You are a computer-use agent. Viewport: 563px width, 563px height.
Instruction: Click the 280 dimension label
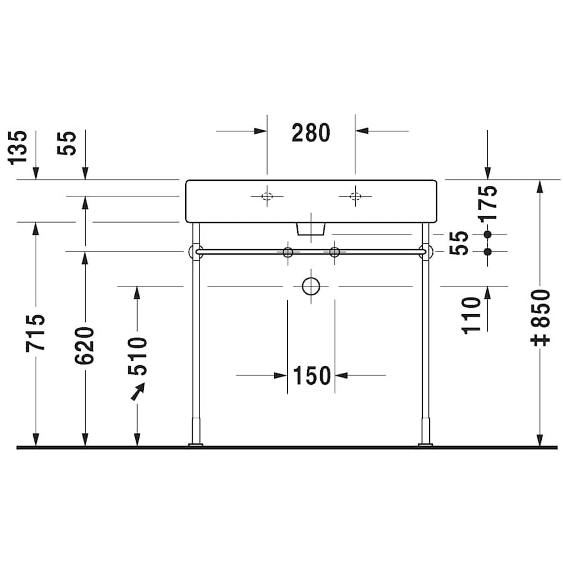(311, 133)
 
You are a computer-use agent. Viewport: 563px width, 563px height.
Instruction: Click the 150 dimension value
(312, 375)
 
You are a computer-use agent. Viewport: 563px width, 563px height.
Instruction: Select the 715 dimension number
(36, 332)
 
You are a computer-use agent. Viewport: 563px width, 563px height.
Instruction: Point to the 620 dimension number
(84, 345)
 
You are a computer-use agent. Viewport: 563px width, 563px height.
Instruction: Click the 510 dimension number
(137, 355)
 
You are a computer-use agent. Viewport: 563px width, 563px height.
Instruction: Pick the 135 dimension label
(19, 147)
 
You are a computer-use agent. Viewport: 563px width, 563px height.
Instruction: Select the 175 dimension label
(489, 201)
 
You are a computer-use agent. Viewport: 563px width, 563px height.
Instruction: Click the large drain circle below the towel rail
(311, 286)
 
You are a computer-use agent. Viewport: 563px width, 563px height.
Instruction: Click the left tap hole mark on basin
(266, 196)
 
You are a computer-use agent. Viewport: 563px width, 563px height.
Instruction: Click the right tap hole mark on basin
(355, 196)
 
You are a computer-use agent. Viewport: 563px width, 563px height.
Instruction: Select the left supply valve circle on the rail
(288, 252)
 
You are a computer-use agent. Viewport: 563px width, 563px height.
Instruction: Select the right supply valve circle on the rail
(335, 252)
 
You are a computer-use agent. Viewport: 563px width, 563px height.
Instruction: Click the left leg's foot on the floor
(196, 444)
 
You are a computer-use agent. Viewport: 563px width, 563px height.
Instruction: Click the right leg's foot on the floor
(425, 444)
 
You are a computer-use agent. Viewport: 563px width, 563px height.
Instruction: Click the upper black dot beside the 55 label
(489, 234)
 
